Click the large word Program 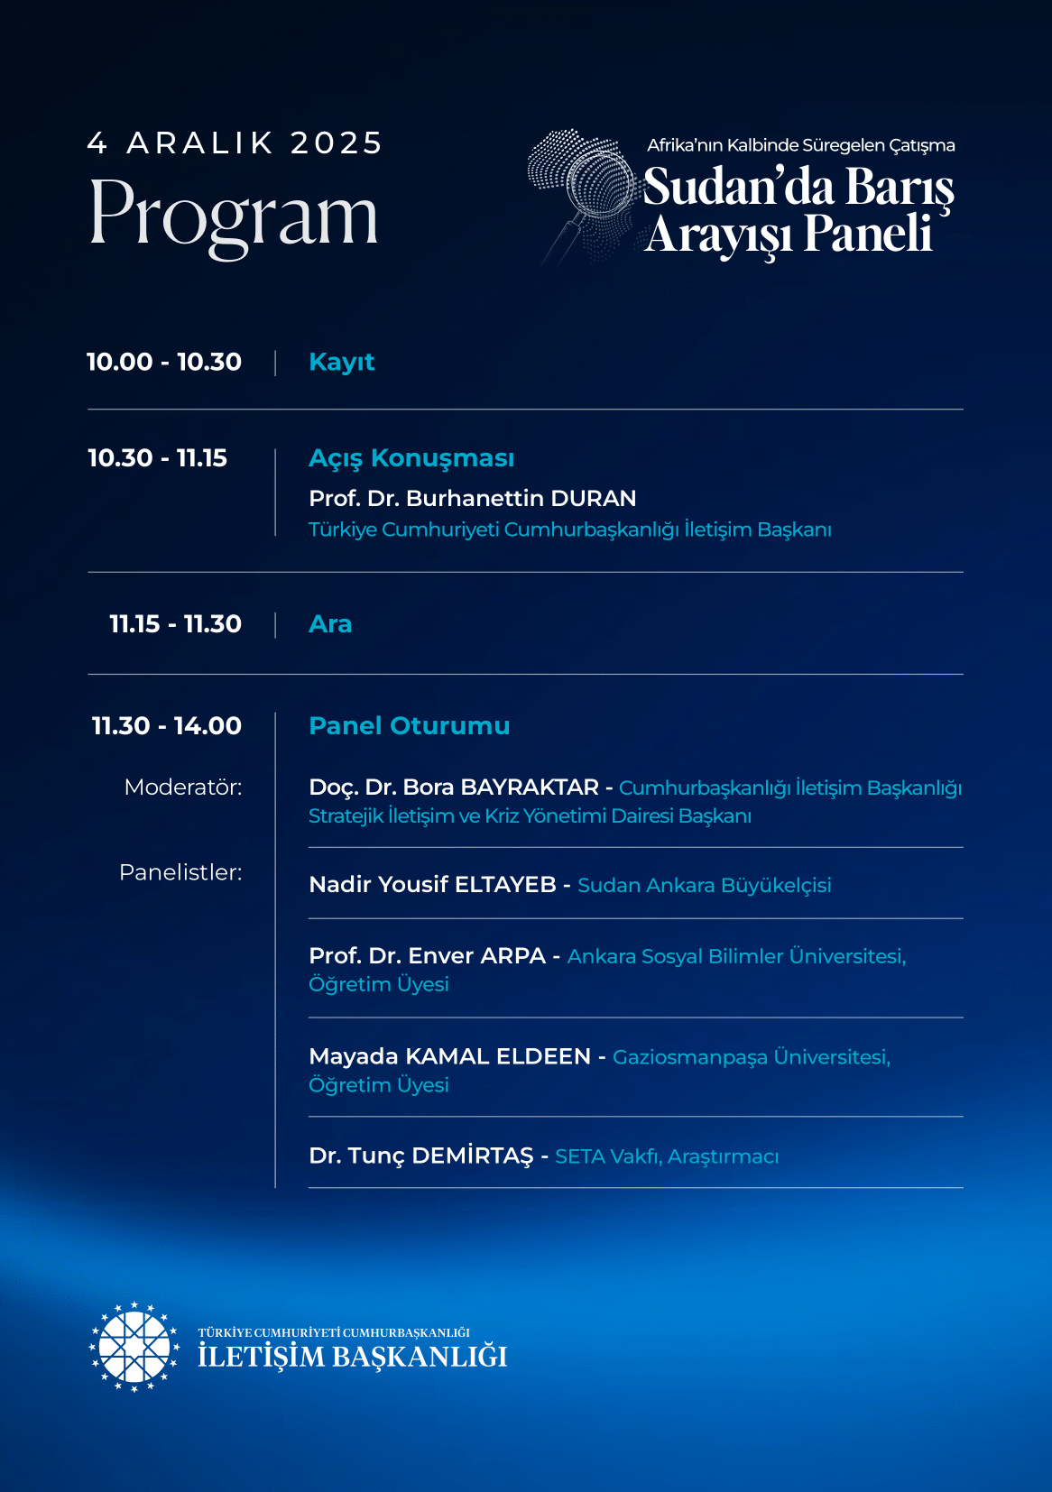[234, 214]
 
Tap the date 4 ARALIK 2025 [235, 143]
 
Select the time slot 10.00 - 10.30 [164, 362]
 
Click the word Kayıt [341, 362]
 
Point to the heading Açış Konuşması [411, 458]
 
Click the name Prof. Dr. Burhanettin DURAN [472, 498]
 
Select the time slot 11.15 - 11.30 [175, 624]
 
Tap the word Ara [330, 624]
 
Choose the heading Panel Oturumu [409, 726]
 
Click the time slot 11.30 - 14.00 [167, 726]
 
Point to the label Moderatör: [183, 787]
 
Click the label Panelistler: [180, 872]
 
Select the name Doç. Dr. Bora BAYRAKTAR [453, 787]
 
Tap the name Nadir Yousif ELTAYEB [432, 885]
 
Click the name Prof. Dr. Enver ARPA [427, 956]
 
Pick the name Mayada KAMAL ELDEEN [449, 1056]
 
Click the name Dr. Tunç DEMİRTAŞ [420, 1156]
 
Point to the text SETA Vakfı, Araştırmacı [667, 1156]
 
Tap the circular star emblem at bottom [134, 1347]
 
